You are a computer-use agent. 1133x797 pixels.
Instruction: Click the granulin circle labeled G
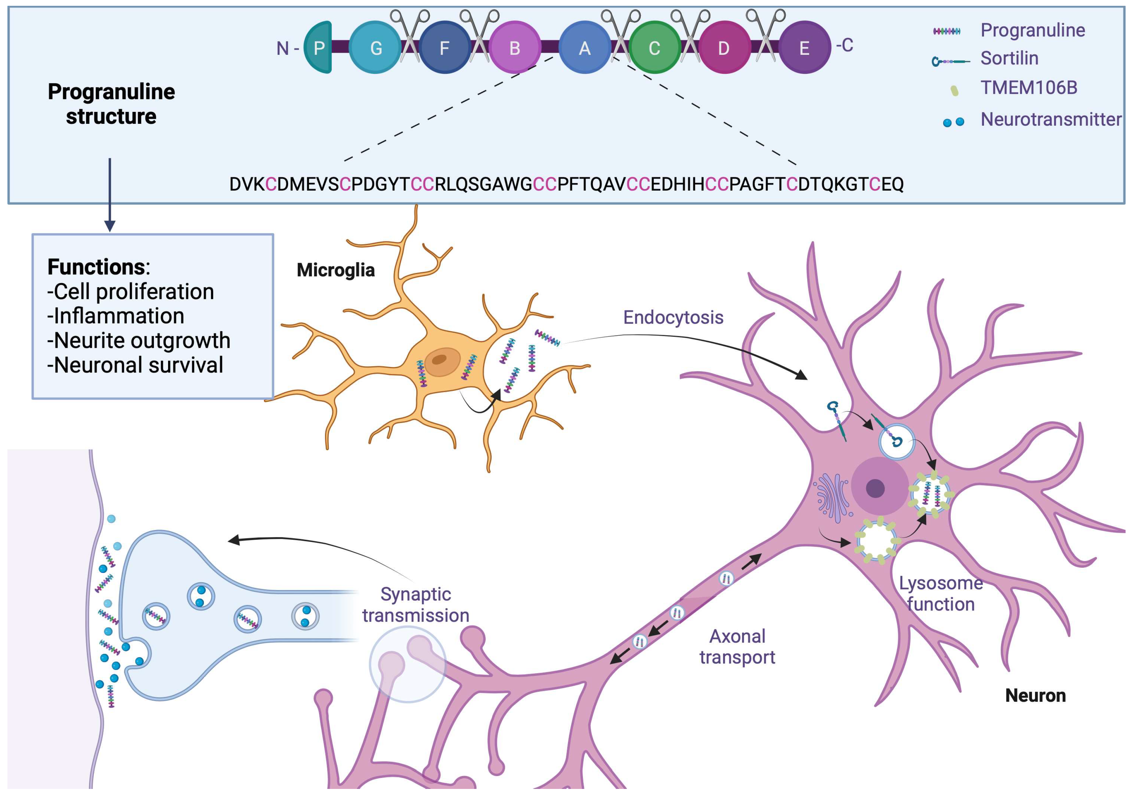coord(375,47)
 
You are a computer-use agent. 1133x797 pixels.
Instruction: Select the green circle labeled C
coord(654,47)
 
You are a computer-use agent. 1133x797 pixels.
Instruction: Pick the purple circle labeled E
coord(804,47)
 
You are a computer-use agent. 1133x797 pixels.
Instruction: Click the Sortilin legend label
coord(1009,58)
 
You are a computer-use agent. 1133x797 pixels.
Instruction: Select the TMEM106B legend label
coord(1028,88)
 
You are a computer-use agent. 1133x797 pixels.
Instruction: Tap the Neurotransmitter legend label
coord(1050,119)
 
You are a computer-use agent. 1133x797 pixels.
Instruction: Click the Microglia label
coord(336,270)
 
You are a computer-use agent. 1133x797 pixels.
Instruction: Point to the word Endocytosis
coord(673,317)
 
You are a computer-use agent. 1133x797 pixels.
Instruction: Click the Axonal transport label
coord(737,646)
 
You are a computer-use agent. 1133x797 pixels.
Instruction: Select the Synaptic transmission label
coord(416,605)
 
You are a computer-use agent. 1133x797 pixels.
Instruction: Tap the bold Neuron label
coord(1035,695)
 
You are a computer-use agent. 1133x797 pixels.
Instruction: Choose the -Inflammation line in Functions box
coord(115,316)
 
